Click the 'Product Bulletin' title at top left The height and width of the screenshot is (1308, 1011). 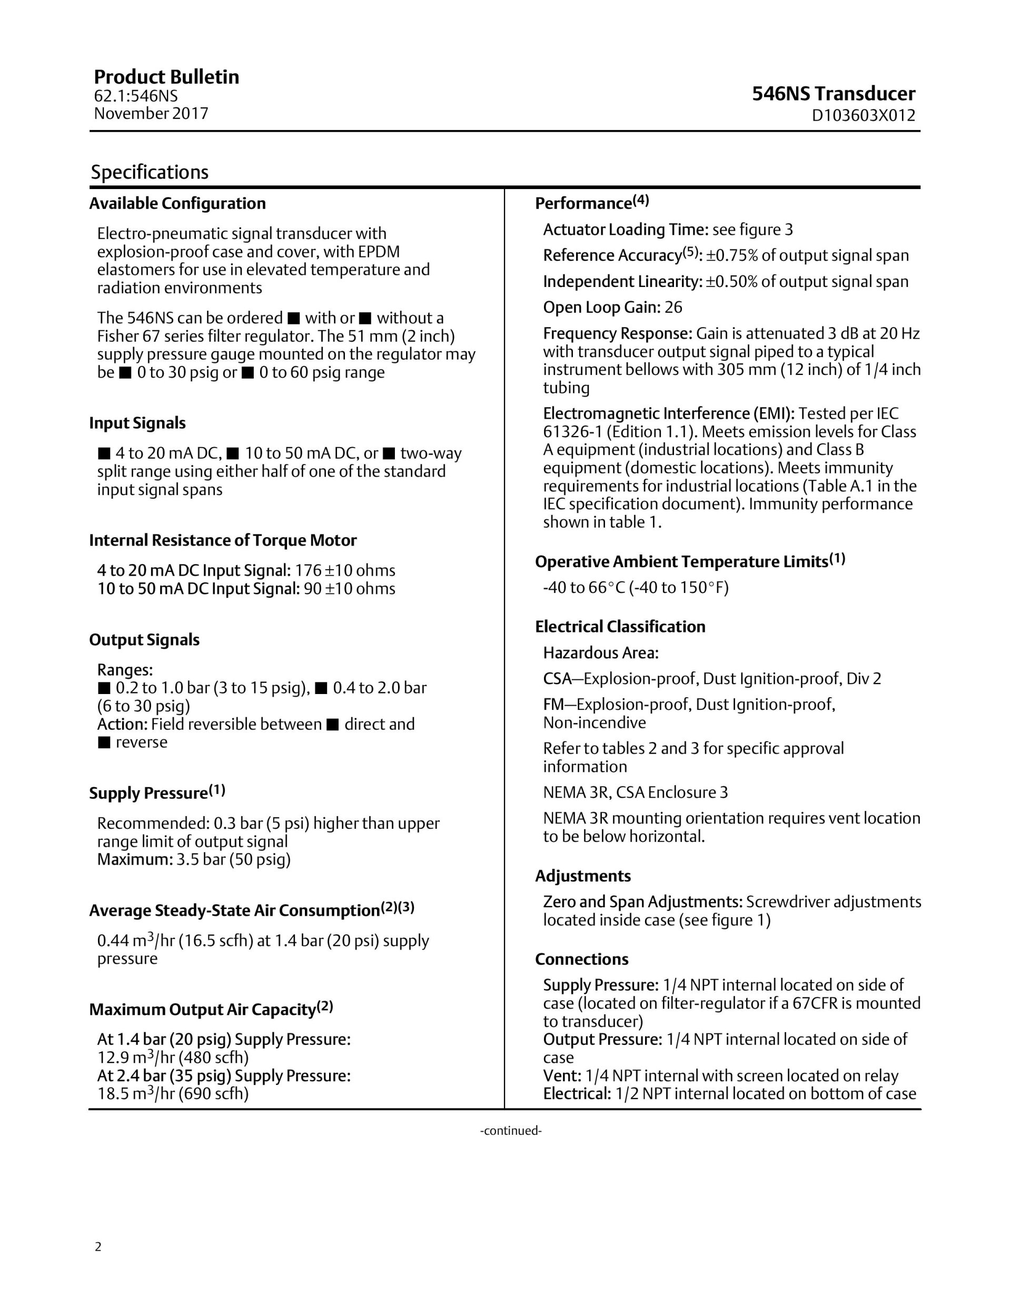[166, 77]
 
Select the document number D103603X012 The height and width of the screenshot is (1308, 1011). [863, 116]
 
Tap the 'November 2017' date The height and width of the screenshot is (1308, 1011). [151, 113]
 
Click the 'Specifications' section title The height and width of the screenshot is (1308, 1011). [149, 173]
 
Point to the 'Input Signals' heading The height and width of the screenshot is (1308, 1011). [137, 423]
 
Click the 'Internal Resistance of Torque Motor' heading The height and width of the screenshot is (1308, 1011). [223, 540]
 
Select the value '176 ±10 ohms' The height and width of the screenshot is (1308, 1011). [345, 570]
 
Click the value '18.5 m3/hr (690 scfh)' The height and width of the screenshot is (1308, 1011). [173, 1094]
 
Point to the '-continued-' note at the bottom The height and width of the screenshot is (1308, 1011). [511, 1131]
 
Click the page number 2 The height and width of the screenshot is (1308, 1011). [98, 1247]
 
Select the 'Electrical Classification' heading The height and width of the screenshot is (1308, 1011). [620, 627]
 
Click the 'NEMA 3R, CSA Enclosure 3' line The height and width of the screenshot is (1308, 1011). [635, 792]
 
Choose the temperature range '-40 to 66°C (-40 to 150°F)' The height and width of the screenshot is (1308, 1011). [636, 588]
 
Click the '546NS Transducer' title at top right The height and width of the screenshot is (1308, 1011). [833, 94]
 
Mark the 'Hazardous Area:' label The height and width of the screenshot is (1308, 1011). [600, 653]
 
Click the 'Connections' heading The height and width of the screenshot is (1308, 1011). [581, 959]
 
